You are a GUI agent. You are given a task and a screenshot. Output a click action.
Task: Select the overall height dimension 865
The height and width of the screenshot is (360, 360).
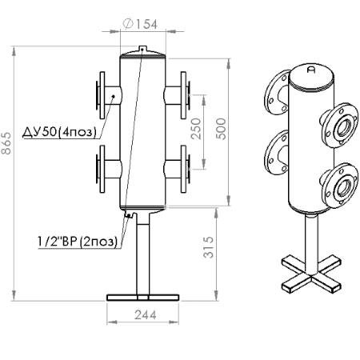pos(6,143)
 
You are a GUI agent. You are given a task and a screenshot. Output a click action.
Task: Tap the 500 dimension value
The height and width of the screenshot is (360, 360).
pos(221,129)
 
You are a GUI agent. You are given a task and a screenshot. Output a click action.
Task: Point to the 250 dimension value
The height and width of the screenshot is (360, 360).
pos(196,129)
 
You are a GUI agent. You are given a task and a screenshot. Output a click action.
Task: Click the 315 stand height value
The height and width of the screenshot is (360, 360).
pos(209,247)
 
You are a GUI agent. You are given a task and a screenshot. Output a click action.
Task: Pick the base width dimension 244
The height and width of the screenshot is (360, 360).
pos(146,315)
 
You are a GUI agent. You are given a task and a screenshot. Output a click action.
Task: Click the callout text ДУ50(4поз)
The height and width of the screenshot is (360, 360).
pos(59,132)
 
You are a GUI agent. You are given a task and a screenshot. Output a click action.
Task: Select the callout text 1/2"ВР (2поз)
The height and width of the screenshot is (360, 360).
pos(78,242)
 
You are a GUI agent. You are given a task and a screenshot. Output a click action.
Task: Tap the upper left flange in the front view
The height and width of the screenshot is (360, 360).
pos(101,95)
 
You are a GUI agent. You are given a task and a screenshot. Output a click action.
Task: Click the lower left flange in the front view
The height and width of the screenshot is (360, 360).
pos(101,169)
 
